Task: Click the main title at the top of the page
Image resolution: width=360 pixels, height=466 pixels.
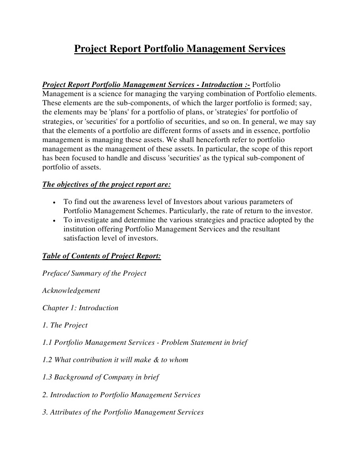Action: [x=180, y=48]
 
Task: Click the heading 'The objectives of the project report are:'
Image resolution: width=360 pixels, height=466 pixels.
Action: [x=106, y=184]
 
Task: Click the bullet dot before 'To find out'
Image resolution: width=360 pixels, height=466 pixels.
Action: [x=54, y=202]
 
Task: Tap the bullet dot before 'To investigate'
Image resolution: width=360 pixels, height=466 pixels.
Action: [x=54, y=220]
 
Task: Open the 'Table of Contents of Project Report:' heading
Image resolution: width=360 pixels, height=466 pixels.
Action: [x=101, y=256]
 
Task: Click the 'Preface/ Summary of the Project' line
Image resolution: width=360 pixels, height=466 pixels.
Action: [x=94, y=273]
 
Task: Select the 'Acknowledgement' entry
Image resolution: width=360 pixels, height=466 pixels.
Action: [x=71, y=290]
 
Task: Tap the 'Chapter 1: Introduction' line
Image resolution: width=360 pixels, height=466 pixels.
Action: [x=80, y=308]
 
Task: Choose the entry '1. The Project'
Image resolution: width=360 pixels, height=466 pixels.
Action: [x=65, y=325]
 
